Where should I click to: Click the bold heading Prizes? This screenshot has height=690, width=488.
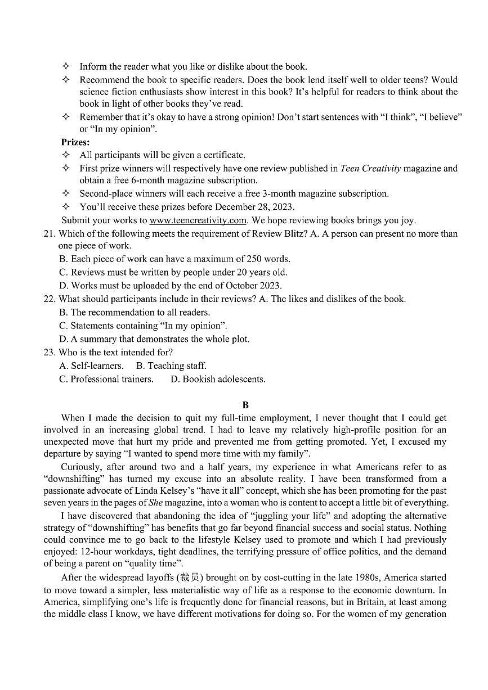point(75,142)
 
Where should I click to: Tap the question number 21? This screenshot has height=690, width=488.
point(50,234)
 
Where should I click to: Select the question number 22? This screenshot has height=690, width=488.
point(50,299)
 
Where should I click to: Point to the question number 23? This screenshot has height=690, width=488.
point(50,353)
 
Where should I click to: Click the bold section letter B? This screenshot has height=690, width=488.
point(245,405)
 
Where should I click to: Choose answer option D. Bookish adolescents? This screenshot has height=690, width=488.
point(218,380)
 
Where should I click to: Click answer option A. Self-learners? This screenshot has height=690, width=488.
point(91,366)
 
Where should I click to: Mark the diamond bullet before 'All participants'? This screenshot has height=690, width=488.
point(65,155)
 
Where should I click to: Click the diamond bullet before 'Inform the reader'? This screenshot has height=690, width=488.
point(65,66)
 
